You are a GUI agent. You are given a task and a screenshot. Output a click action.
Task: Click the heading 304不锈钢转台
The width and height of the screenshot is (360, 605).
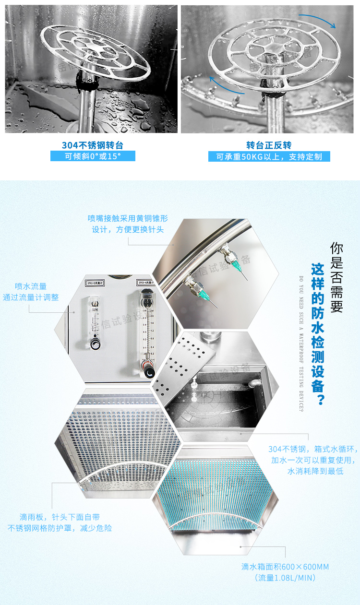[92, 145]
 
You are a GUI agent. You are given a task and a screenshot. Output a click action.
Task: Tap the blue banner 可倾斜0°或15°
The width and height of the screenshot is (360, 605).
[93, 156]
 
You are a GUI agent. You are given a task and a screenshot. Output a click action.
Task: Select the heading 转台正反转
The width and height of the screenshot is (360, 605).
[269, 145]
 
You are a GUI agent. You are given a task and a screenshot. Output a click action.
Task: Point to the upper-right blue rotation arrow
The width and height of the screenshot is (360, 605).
[322, 21]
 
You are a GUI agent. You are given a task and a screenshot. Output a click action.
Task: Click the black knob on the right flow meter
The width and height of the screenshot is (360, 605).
[150, 371]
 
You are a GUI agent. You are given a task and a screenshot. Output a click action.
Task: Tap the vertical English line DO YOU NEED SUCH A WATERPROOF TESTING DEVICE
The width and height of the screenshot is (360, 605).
[300, 343]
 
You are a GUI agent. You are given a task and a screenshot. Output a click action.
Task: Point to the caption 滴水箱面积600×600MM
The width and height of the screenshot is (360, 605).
[285, 572]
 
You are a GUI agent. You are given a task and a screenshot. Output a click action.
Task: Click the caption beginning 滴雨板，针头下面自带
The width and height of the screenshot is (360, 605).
[60, 522]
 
